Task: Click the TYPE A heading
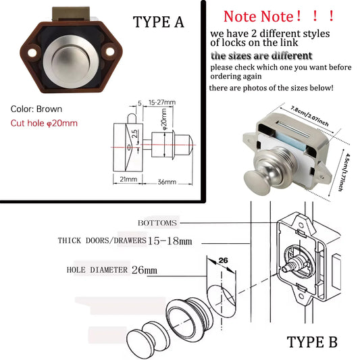[159, 22]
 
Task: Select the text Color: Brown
[36, 109]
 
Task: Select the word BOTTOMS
[157, 222]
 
